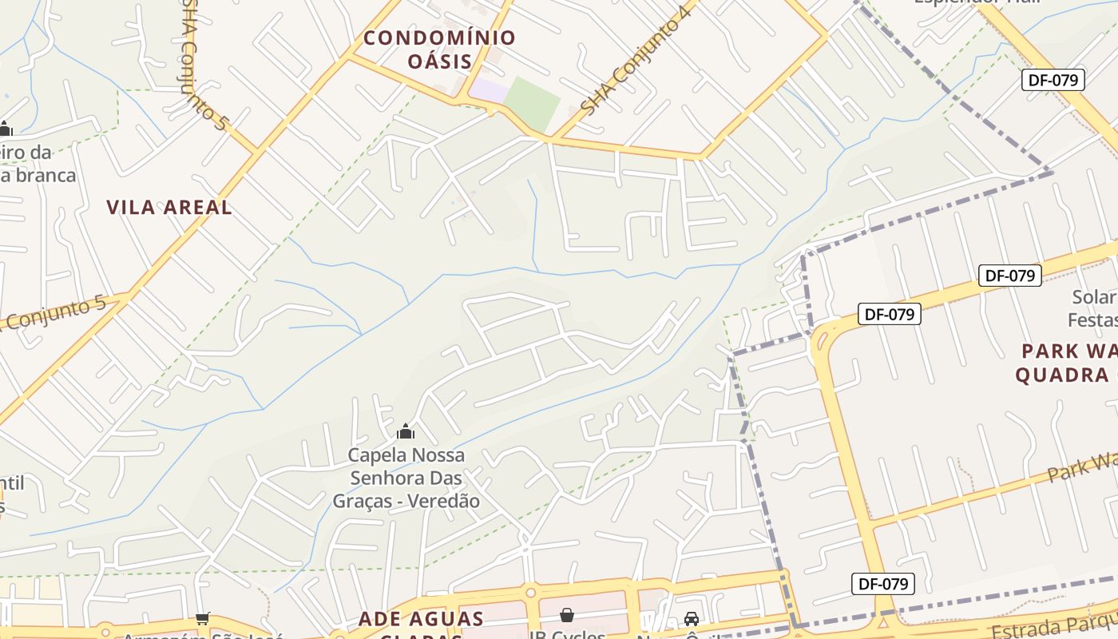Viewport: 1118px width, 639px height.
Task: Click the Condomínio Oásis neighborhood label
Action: pos(439,49)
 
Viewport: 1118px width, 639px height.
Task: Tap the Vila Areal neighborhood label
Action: pos(169,208)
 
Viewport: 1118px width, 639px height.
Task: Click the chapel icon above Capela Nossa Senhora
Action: pos(406,432)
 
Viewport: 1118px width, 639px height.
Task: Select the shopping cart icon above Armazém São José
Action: pos(203,618)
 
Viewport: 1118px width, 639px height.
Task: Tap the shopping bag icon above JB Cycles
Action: pos(567,615)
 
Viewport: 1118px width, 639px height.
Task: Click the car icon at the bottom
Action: pos(692,618)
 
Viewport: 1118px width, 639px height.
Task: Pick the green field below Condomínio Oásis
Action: pos(532,102)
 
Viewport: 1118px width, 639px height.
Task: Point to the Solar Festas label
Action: pos(1092,308)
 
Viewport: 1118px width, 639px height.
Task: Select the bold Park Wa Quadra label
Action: pos(1066,363)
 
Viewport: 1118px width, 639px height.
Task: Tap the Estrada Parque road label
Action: pos(1054,623)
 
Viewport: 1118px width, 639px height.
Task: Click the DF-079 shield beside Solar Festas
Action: pos(1009,276)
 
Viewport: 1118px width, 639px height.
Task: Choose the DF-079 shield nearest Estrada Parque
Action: pos(882,584)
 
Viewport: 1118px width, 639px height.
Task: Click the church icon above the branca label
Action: pos(6,129)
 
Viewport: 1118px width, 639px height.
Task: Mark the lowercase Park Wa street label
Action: pos(1082,467)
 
